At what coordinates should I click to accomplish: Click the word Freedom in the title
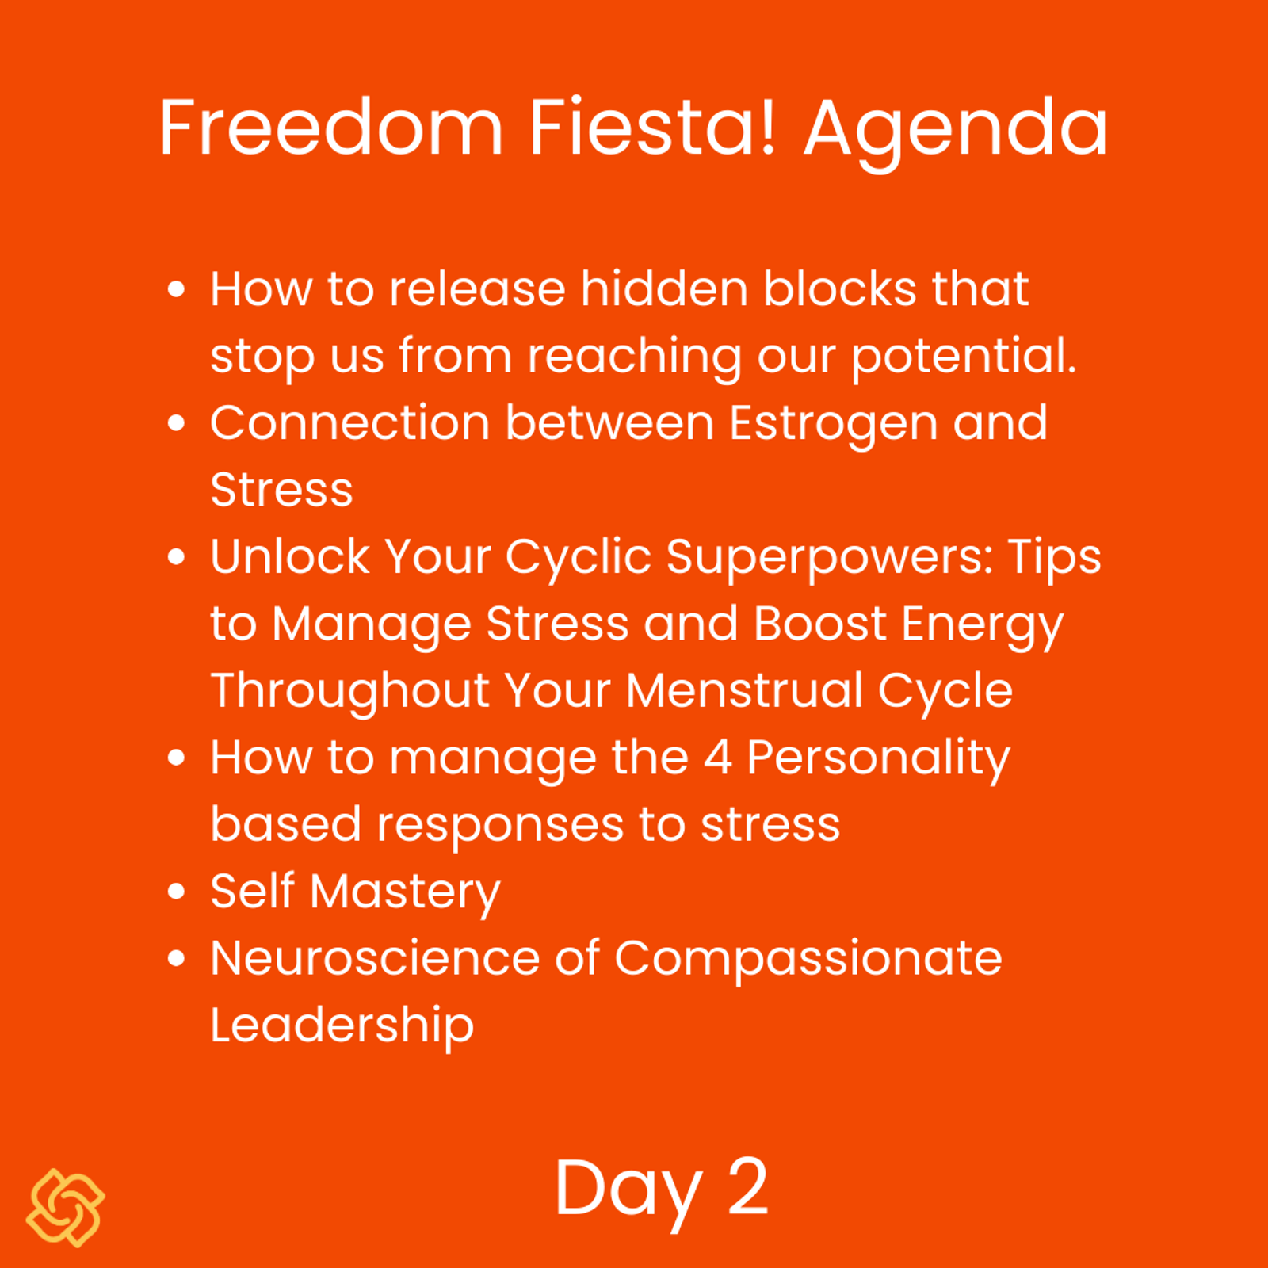(331, 128)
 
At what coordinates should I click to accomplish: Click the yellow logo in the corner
(66, 1208)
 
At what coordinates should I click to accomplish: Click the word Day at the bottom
(628, 1194)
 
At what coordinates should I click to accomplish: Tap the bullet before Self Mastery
(177, 891)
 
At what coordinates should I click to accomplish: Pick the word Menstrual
(744, 690)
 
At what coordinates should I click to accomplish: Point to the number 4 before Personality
(717, 758)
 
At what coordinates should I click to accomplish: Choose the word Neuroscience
(375, 958)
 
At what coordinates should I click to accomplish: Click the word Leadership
(342, 1029)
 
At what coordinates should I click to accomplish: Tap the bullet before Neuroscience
(177, 958)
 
